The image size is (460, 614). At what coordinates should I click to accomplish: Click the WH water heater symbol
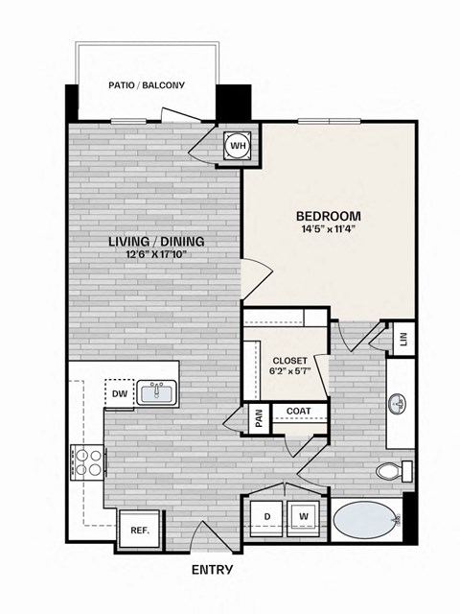point(238,146)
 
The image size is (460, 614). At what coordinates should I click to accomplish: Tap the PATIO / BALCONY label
point(147,85)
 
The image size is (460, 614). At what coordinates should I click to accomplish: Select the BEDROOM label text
point(328,215)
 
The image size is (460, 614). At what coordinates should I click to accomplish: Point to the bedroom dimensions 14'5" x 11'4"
point(328,229)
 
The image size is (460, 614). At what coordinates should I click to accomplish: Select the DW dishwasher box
point(119,393)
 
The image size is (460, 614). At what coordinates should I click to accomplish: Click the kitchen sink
point(155,392)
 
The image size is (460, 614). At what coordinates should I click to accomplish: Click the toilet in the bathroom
point(393,472)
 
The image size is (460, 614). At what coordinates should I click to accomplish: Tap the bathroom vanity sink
point(397,404)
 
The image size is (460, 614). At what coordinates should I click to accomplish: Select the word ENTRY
point(212,570)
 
